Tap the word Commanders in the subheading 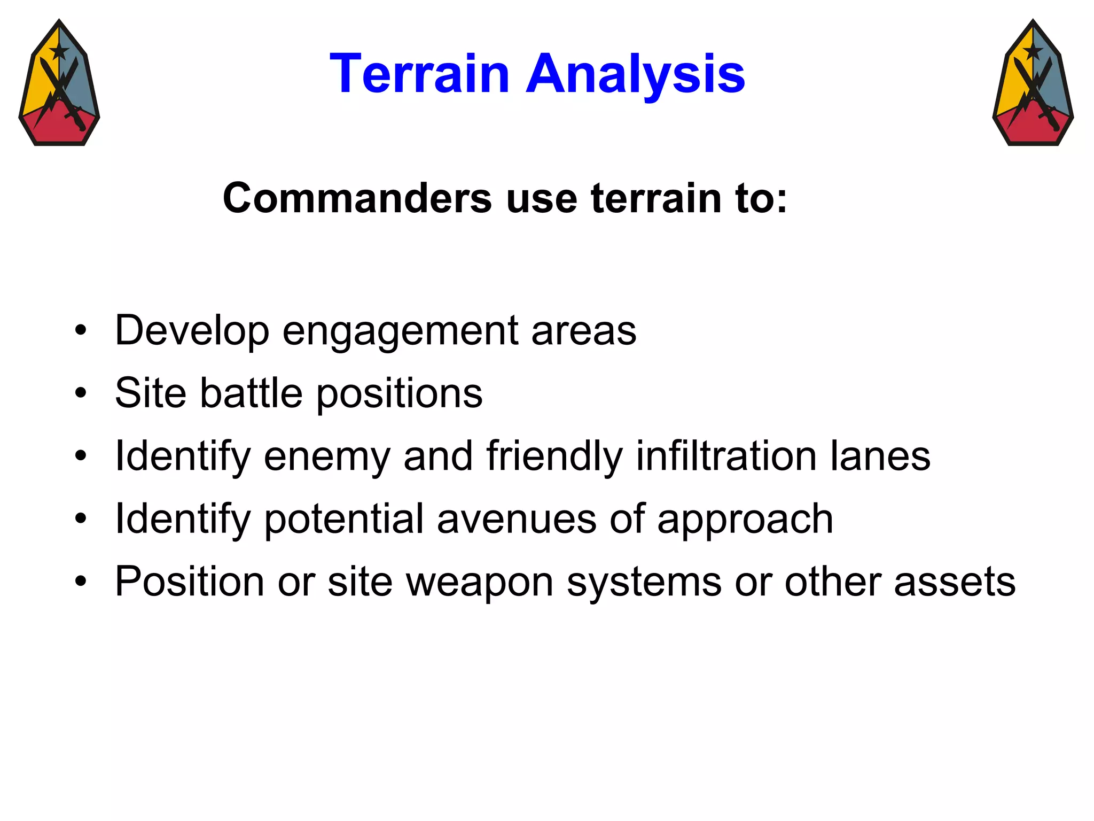[x=357, y=198]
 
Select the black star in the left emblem [x=59, y=52]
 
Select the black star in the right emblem [x=1033, y=52]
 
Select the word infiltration [x=726, y=456]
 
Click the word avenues [x=516, y=519]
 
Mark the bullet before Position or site [x=81, y=582]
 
